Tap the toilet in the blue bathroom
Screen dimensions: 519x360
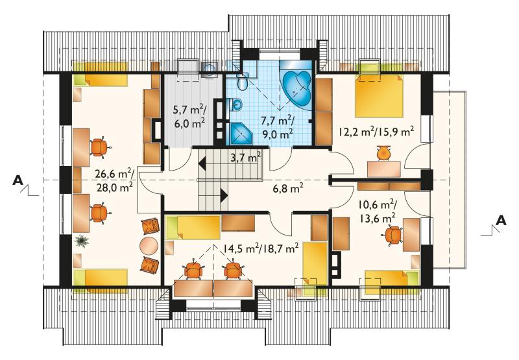pos(242,81)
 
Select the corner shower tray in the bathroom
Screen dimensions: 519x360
pos(240,134)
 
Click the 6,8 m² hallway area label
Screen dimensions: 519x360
pos(288,189)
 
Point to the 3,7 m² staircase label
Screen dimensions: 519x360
pos(246,157)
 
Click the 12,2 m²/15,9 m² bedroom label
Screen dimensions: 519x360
pos(376,132)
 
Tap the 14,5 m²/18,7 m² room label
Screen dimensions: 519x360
pos(261,248)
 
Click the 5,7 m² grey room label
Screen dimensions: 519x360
pos(189,109)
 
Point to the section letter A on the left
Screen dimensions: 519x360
pos(18,180)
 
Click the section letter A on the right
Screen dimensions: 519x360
pos(501,220)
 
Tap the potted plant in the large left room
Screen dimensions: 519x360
pos(81,241)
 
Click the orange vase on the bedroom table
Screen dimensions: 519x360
pos(383,153)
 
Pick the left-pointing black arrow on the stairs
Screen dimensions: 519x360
pos(202,164)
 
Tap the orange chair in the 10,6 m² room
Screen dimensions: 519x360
pos(394,235)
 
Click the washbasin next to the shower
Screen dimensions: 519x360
pos(236,105)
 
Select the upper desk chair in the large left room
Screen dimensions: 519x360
pos(99,147)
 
